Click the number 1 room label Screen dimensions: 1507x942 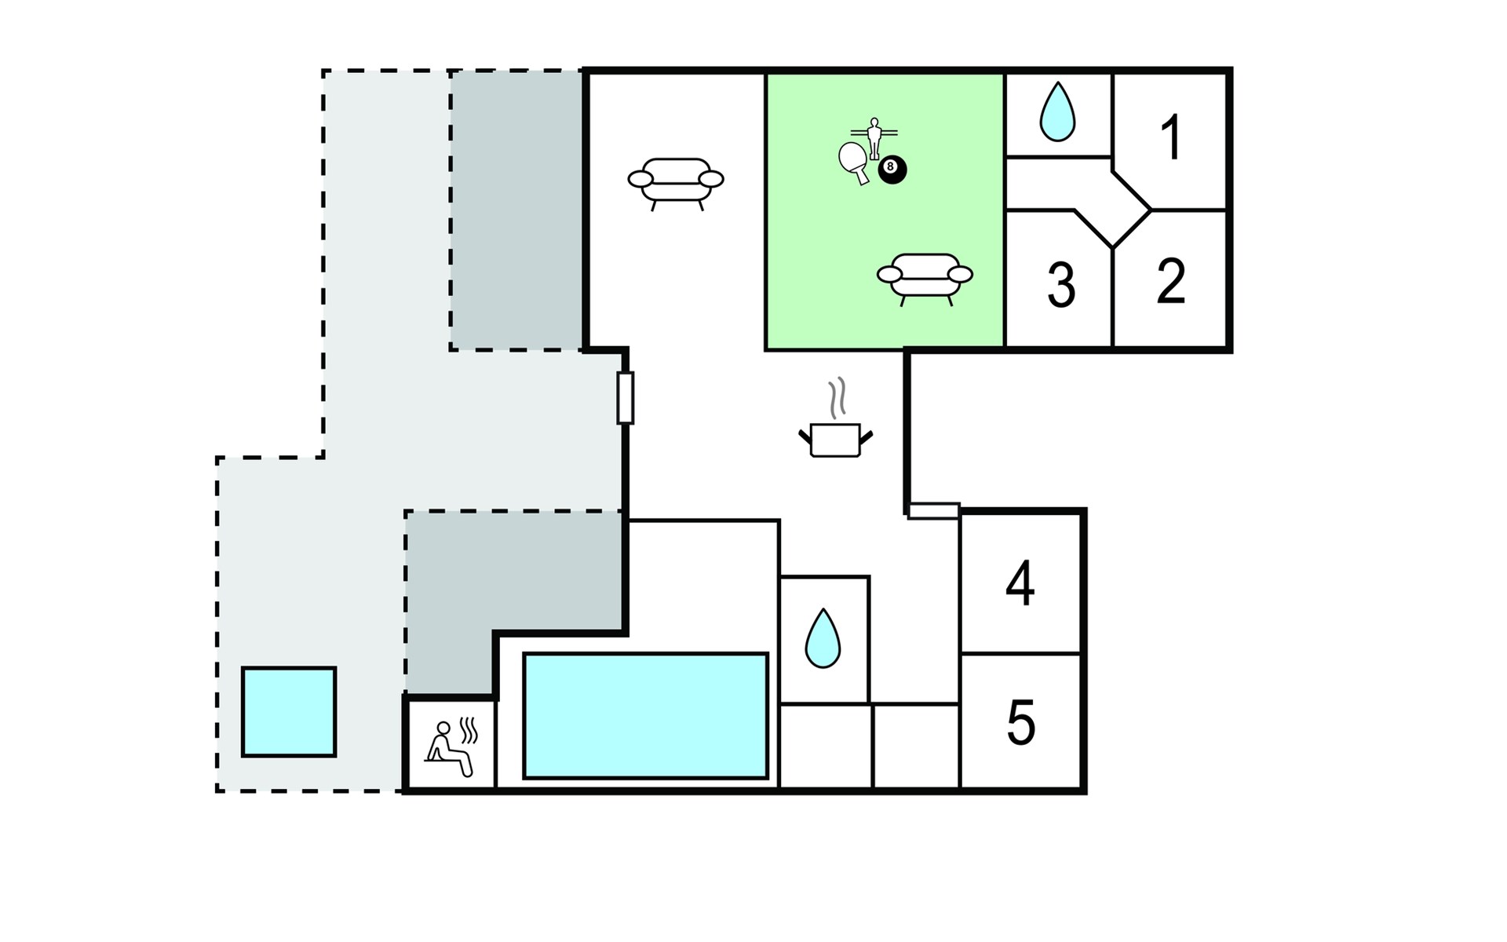click(x=1171, y=137)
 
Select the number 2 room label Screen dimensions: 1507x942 click(x=1171, y=280)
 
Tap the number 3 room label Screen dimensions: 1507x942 click(x=1061, y=285)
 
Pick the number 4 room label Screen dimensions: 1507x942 click(x=1020, y=584)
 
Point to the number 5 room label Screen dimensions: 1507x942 click(x=1020, y=722)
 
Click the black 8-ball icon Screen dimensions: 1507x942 click(x=892, y=169)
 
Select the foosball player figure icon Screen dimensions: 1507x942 click(x=874, y=138)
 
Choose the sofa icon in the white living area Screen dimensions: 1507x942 click(x=676, y=184)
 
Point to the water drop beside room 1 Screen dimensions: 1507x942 click(x=1056, y=112)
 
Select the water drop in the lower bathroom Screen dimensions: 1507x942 click(x=823, y=638)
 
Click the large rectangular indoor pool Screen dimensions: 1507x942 click(x=645, y=716)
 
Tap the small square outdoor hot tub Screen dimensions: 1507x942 click(x=289, y=712)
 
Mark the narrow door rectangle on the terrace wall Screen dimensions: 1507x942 click(x=625, y=398)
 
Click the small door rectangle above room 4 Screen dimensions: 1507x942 click(x=934, y=511)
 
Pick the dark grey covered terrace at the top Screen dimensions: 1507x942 click(x=516, y=210)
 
